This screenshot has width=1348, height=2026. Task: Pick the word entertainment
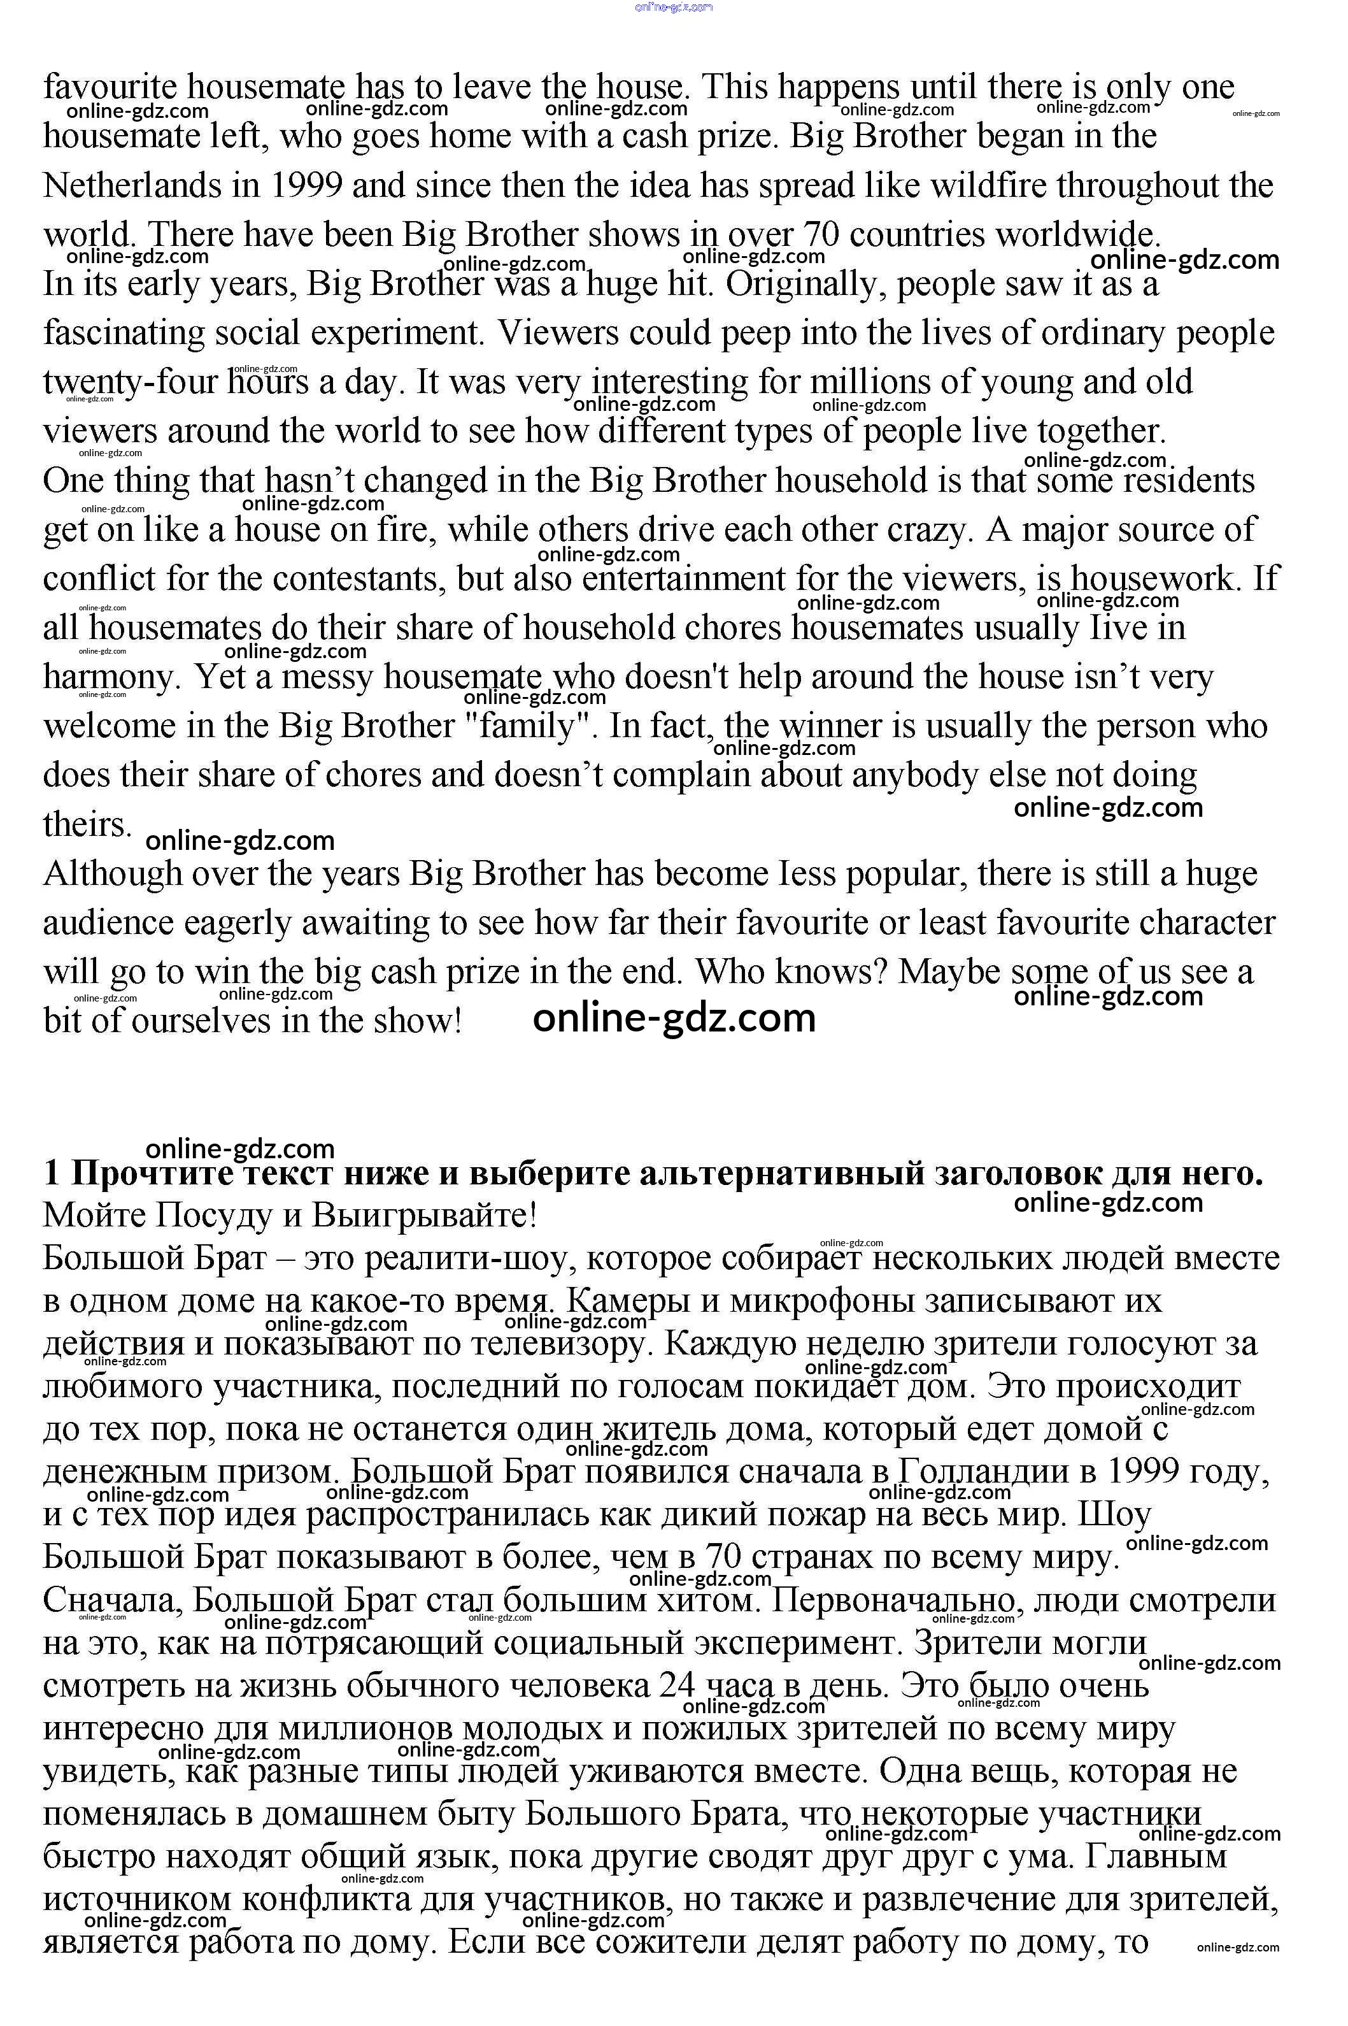click(683, 578)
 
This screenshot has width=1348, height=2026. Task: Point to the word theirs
click(87, 824)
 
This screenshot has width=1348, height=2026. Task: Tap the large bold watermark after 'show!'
click(674, 1018)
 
